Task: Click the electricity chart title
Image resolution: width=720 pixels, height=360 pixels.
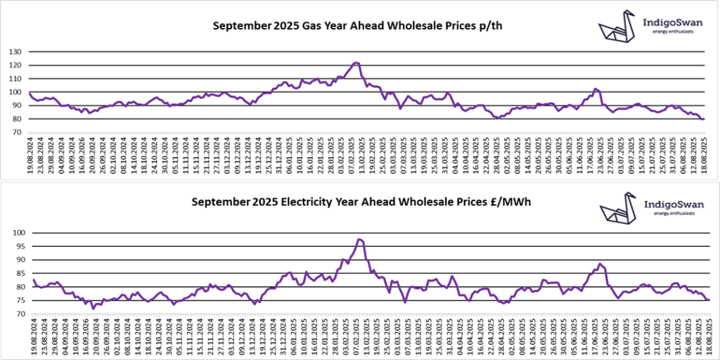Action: (361, 202)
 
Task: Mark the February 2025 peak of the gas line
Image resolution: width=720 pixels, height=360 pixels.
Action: (356, 63)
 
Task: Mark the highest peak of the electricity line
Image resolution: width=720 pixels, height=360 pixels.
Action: (359, 240)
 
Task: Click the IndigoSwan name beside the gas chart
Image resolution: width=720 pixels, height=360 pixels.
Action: (674, 22)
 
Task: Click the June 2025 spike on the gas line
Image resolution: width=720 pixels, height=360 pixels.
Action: (596, 89)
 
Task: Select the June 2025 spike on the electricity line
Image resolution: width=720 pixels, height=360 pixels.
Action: (600, 264)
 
